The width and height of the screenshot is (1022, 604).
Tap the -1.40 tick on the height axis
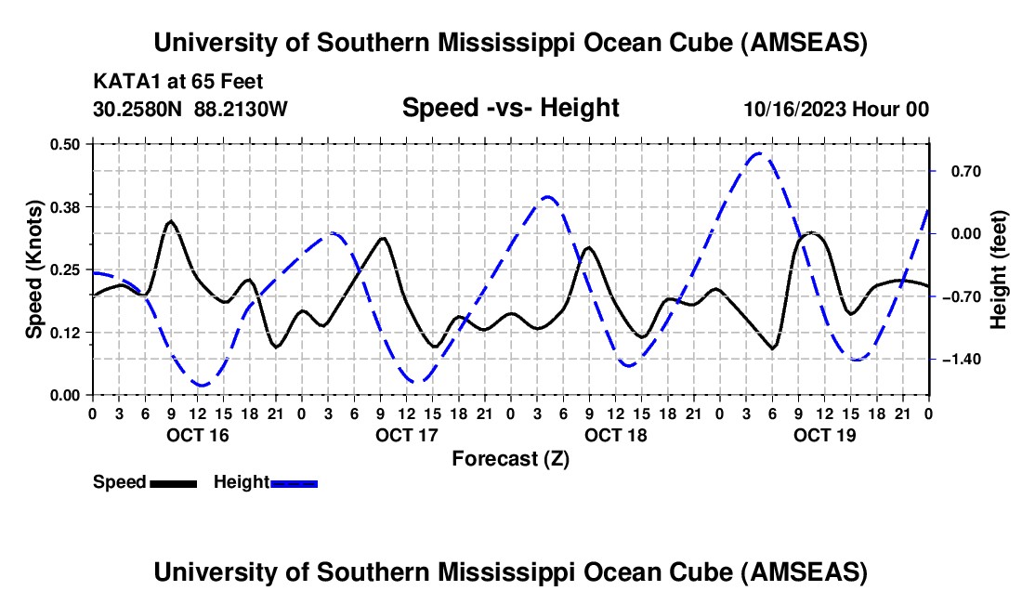952,359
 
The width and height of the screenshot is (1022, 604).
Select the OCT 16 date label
197,435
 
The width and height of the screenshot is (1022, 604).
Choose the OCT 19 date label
825,435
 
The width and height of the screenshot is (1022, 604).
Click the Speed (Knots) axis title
34,269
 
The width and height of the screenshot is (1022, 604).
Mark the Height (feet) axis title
999,269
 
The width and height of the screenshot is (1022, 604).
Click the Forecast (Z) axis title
510,458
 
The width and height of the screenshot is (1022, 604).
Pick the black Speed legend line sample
173,482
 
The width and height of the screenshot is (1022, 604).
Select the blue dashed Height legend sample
295,482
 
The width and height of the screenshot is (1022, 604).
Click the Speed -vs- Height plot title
510,108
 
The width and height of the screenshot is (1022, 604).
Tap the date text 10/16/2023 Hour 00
836,109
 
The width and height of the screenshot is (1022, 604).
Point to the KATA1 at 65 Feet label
177,82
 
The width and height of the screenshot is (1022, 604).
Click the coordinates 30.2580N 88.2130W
190,109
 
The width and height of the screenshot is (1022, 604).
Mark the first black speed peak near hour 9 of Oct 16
170,221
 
